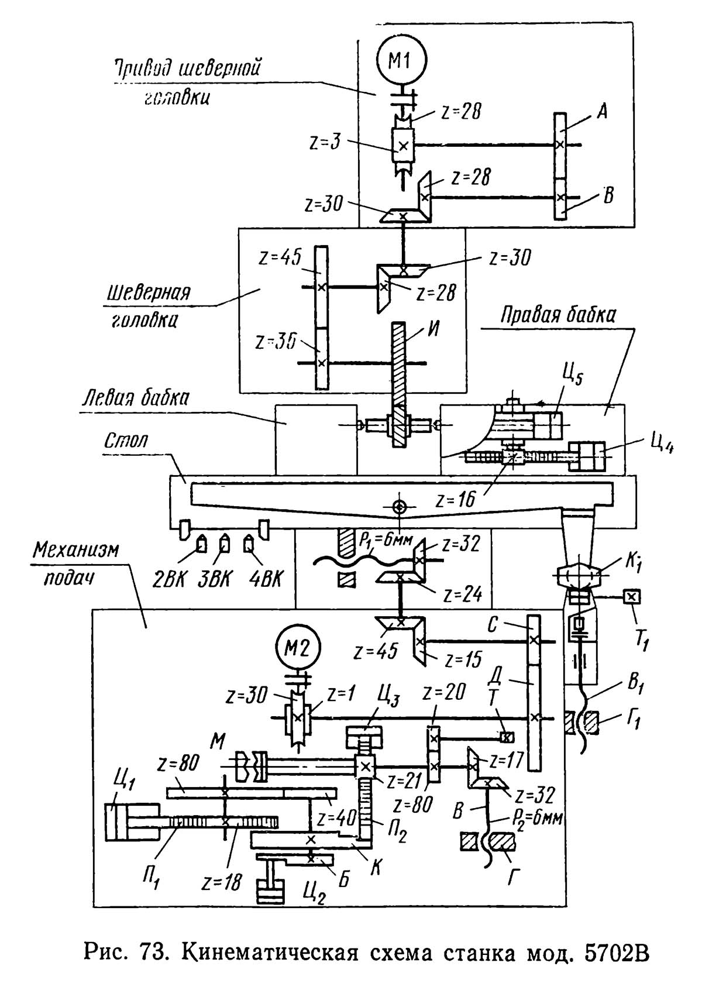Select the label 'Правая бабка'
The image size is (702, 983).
[x=558, y=316]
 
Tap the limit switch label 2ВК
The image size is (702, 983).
[x=170, y=579]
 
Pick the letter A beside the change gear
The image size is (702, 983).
[x=601, y=111]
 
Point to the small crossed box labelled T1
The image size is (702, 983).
[x=632, y=597]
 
